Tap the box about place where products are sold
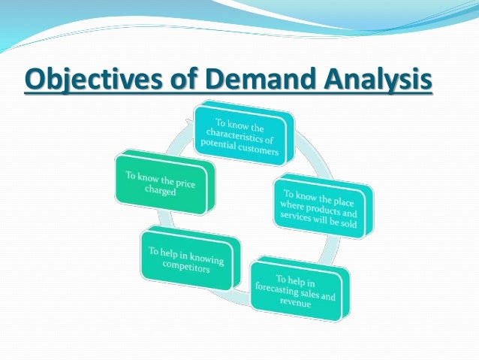321,207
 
